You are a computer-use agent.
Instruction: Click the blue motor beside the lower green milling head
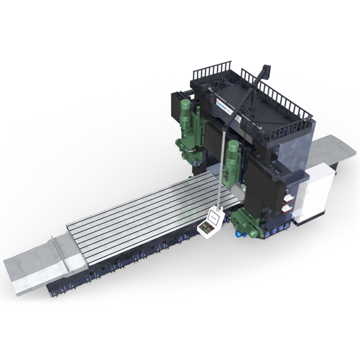tap(238, 234)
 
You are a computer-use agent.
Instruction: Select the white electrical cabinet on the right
tap(317, 195)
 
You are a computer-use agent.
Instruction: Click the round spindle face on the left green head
tap(197, 163)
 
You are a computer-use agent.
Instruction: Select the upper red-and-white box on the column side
tap(288, 197)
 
